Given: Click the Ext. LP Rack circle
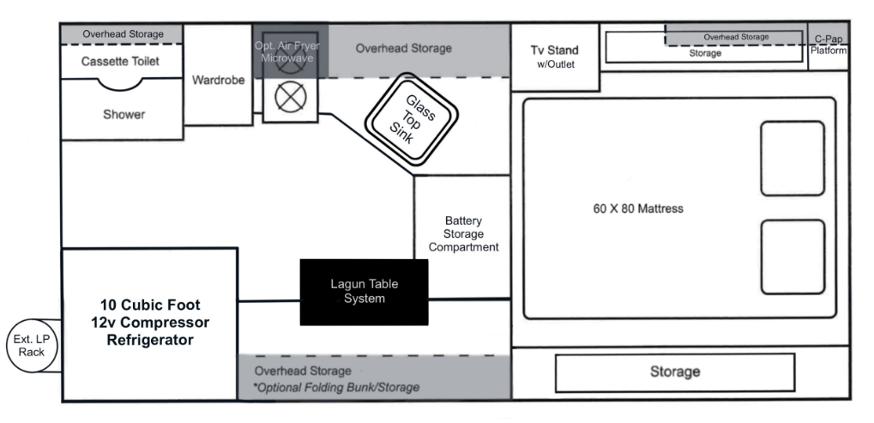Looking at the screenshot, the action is pos(32,346).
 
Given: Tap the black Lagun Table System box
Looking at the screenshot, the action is pos(364,292).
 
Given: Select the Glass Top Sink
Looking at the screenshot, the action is pos(412,119).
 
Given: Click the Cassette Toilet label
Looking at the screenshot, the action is pos(120,61).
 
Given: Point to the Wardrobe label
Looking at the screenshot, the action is pos(219,81).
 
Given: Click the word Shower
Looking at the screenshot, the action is pos(124,114).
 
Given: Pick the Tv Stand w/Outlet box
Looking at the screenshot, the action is pos(555,57).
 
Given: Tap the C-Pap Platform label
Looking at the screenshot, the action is pos(829,45).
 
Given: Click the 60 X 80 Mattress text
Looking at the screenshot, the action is pos(637,209).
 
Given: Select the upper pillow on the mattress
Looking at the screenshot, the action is pos(793,158).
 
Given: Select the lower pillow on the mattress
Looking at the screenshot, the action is pos(793,257).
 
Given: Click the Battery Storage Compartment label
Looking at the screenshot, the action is pos(463,234).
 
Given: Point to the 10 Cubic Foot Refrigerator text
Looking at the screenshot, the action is pos(150,323).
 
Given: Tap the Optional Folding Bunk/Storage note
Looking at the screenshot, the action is pos(337,387).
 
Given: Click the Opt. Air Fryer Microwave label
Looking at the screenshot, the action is pos(287,51).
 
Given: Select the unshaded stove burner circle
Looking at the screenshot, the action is pos(291,97).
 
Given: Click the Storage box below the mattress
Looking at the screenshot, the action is pos(675,372).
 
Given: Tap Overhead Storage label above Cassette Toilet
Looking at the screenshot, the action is pos(124,34).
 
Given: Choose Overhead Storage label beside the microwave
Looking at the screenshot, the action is pos(404,49).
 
